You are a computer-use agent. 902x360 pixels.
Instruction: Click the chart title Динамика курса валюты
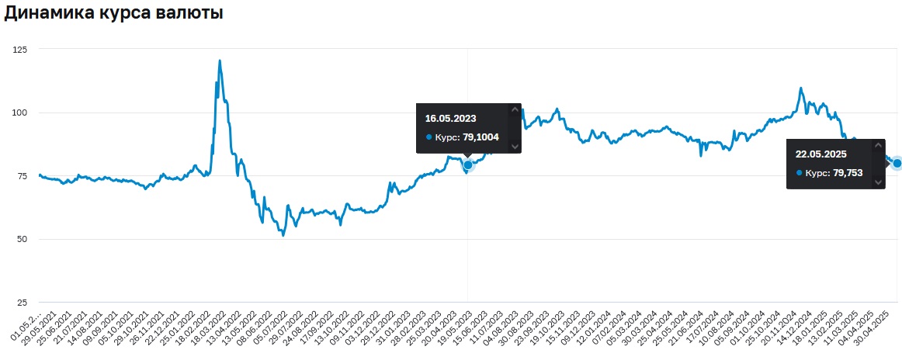(x=114, y=14)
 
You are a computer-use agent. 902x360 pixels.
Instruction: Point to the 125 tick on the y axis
(x=19, y=50)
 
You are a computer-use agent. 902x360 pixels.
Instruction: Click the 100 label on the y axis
(x=19, y=112)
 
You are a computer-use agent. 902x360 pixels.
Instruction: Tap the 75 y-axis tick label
(x=22, y=176)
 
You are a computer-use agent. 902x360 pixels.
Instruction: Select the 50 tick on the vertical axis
(x=22, y=239)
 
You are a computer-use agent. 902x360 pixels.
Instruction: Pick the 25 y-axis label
(x=22, y=302)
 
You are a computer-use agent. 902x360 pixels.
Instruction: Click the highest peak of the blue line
(x=220, y=61)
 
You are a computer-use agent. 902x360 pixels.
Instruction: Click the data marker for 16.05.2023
(x=468, y=164)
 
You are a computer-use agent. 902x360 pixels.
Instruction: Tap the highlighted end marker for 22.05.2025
(x=897, y=163)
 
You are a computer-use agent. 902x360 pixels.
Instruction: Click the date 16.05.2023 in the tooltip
(x=450, y=119)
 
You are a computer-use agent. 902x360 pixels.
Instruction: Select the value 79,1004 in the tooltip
(x=481, y=137)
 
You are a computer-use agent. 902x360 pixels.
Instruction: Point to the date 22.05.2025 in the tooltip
(x=820, y=154)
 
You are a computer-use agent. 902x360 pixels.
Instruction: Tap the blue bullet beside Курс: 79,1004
(x=428, y=137)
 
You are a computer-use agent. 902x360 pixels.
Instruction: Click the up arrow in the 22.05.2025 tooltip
(x=878, y=145)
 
